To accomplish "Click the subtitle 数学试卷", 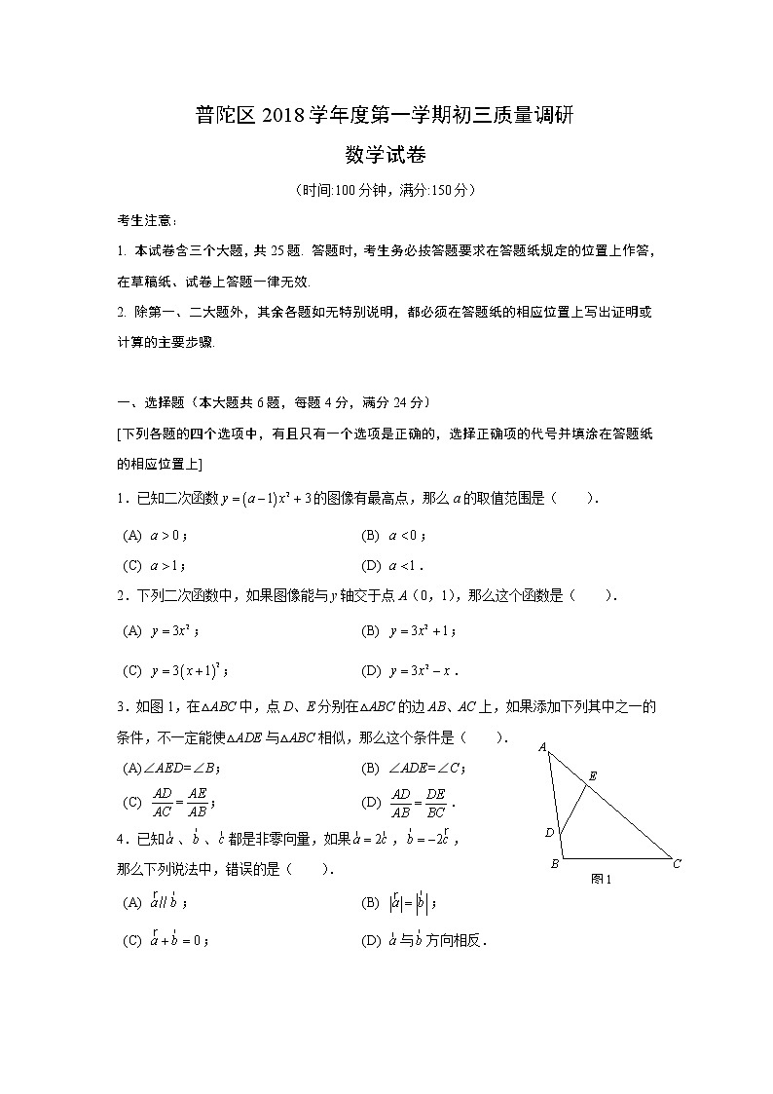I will coord(386,155).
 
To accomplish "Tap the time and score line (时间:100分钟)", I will coord(386,191).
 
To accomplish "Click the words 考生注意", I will coord(140,223).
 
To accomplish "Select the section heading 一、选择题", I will coord(156,402).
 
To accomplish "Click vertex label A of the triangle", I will coord(541,747).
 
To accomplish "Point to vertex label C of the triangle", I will coord(677,863).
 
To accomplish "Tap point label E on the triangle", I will coord(592,776).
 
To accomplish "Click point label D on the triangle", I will coord(549,832).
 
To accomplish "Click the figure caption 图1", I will coord(601,879).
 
